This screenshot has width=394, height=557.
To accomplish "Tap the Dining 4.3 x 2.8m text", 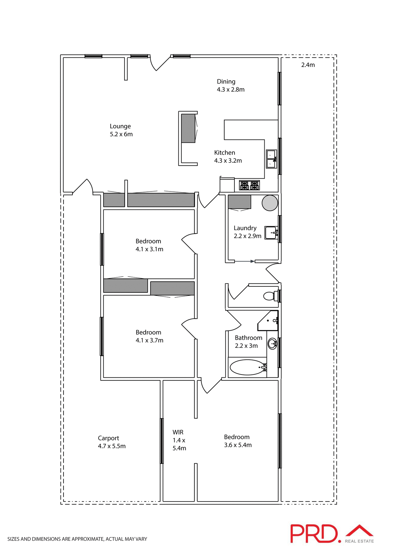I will pos(230,86).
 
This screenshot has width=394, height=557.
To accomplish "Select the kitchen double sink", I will pos(272,159).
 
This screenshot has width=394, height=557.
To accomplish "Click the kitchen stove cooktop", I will pos(249,185).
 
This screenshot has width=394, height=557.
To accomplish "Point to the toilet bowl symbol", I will pos(270,296).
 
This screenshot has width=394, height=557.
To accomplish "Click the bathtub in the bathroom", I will pos(247,367).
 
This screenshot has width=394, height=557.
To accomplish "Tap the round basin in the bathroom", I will pos(272,344).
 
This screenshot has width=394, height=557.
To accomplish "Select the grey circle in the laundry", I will pos(270,203).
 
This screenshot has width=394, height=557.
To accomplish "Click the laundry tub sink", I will pos(271,233).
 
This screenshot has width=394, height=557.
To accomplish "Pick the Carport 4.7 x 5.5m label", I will pos(112,442).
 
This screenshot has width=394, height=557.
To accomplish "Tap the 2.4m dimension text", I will pos(308,65).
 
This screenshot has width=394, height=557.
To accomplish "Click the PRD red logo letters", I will pos(315,534).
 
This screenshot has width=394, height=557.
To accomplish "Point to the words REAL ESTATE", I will pos(359,541).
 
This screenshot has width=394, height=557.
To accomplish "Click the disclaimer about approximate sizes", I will pos(77,539).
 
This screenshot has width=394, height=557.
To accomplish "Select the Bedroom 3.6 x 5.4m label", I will pos(238,441).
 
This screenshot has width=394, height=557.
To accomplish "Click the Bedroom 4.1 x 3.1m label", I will pos(149,245).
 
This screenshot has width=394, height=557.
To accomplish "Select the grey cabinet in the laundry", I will pos(239,202).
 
